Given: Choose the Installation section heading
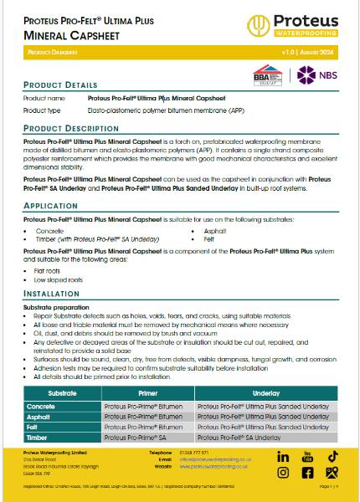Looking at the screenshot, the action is (x=51, y=295).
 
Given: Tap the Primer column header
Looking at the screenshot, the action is (x=147, y=391).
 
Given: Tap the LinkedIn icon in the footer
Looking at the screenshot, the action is (x=283, y=457).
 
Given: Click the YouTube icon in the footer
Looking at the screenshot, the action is (x=307, y=456).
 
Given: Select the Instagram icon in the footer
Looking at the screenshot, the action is (x=283, y=473).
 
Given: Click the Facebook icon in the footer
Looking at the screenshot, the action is (x=307, y=473).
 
